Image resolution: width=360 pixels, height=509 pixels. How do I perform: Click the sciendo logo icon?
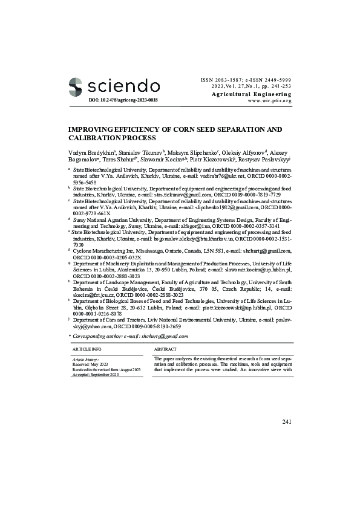[76, 85]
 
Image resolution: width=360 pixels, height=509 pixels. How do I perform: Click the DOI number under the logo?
[123, 99]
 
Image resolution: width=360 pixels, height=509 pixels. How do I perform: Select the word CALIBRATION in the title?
[97, 138]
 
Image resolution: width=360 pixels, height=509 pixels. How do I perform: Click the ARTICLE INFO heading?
[87, 350]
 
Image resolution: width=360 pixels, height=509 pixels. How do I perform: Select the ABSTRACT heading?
[165, 350]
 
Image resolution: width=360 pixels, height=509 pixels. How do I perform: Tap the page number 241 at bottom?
[287, 420]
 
